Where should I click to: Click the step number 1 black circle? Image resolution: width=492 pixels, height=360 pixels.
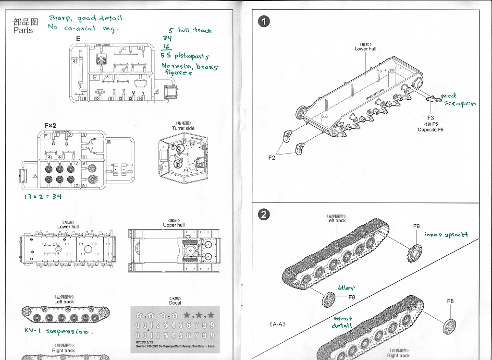pyautogui.click(x=263, y=21)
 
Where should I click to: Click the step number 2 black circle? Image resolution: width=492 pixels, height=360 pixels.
pyautogui.click(x=263, y=215)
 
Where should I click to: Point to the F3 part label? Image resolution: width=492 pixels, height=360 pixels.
pyautogui.click(x=430, y=118)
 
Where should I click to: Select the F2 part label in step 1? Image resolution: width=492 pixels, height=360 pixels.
pyautogui.click(x=272, y=157)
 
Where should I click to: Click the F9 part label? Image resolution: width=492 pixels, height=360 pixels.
pyautogui.click(x=416, y=227)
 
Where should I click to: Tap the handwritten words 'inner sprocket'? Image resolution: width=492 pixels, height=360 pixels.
pyautogui.click(x=446, y=235)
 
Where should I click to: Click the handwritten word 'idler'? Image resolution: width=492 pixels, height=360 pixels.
pyautogui.click(x=346, y=288)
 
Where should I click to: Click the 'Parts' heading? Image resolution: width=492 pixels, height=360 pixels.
pyautogui.click(x=23, y=30)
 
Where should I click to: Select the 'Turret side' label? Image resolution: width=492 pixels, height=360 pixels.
pyautogui.click(x=184, y=128)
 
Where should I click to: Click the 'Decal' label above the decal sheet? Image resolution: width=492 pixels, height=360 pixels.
pyautogui.click(x=175, y=302)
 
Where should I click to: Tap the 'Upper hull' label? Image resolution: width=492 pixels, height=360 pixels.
pyautogui.click(x=173, y=225)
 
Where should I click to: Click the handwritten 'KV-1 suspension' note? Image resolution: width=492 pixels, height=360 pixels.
pyautogui.click(x=58, y=332)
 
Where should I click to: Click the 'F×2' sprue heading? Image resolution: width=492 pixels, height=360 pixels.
pyautogui.click(x=50, y=126)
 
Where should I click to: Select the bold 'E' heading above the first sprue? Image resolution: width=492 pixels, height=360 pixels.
pyautogui.click(x=78, y=38)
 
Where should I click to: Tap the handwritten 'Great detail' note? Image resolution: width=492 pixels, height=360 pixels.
pyautogui.click(x=343, y=322)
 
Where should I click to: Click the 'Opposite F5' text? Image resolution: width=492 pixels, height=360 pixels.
pyautogui.click(x=430, y=130)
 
